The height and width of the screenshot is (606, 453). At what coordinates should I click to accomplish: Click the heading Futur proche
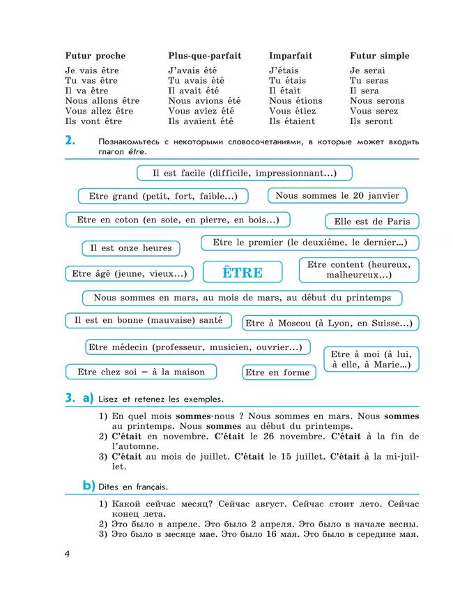coord(95,56)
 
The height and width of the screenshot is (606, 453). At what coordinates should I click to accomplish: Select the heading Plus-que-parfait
coord(204,56)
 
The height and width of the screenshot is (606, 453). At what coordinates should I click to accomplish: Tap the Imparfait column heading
coord(291,56)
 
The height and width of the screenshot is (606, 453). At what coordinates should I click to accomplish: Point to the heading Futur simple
coord(379,56)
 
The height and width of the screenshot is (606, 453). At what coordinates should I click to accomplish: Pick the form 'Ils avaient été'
coord(201,121)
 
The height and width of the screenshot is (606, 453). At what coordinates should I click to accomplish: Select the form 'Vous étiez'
coord(292,111)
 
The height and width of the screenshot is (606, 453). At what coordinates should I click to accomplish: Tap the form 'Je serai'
coord(367,70)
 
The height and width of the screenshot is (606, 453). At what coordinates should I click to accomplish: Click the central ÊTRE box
coord(242,273)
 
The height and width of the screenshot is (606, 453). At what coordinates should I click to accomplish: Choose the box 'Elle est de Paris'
coord(371,222)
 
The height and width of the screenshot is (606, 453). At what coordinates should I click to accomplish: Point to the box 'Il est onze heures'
coord(130,248)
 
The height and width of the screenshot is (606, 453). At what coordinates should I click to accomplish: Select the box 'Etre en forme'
coord(277,372)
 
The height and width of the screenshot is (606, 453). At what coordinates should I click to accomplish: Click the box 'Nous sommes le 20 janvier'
coord(337,196)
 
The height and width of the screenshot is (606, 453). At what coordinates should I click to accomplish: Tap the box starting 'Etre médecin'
coord(199,347)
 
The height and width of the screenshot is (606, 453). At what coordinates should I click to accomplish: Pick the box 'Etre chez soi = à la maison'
coord(141,372)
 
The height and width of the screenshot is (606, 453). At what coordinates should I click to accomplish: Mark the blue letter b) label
coord(89,485)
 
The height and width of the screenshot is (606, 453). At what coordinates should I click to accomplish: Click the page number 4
coord(67,555)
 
